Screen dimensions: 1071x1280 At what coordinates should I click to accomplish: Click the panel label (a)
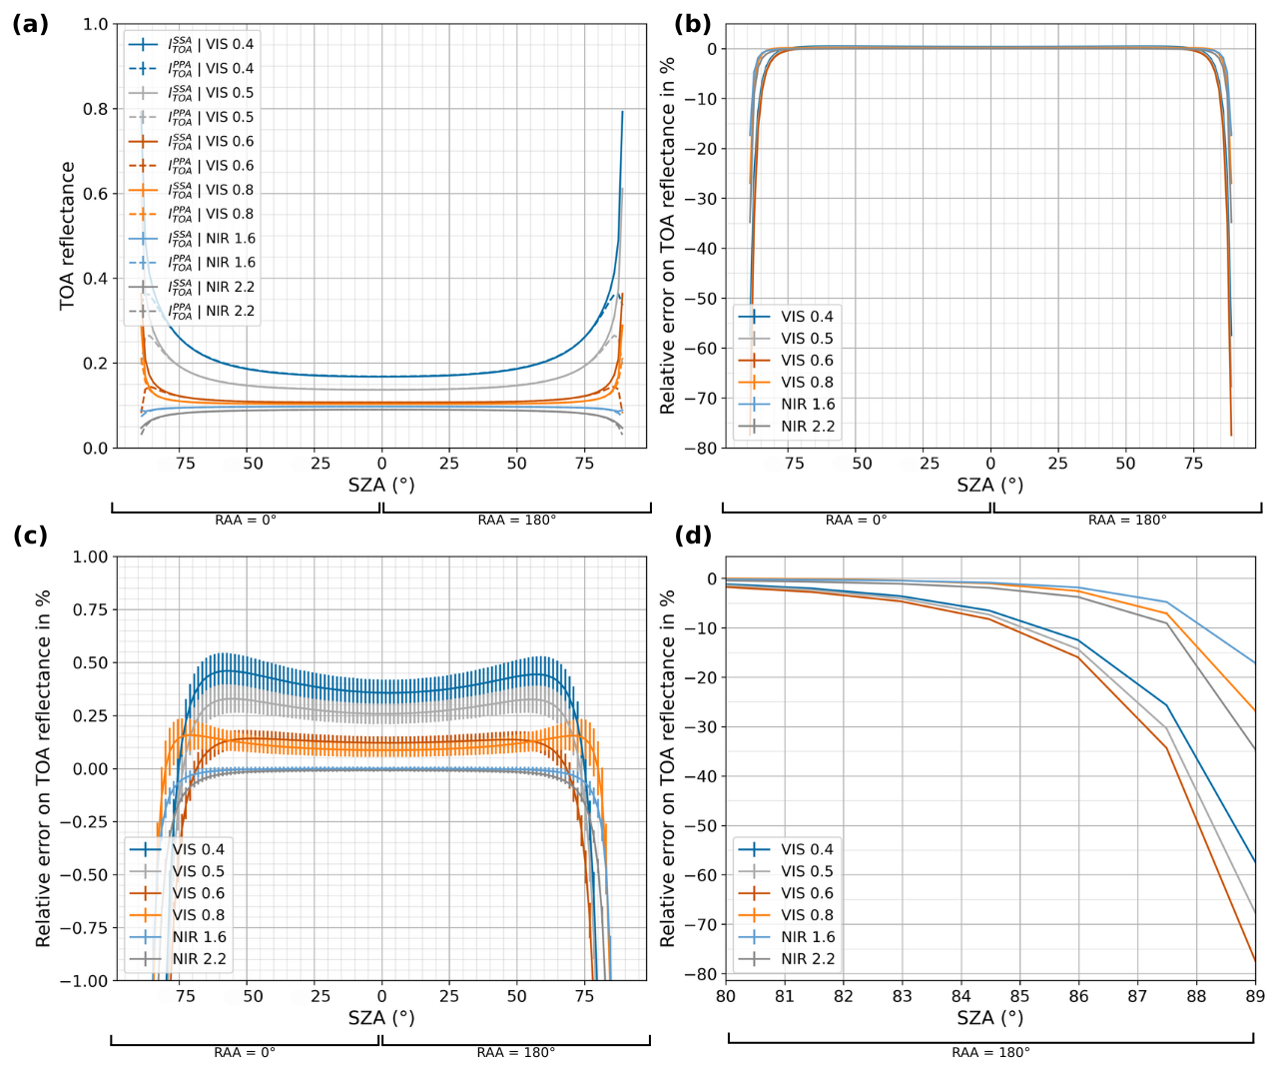pyautogui.click(x=30, y=25)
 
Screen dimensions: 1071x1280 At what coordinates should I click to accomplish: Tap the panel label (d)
pyautogui.click(x=693, y=535)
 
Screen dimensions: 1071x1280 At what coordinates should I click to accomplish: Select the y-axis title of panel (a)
pyautogui.click(x=68, y=236)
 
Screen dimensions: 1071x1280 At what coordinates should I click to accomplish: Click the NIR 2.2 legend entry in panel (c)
pyautogui.click(x=199, y=959)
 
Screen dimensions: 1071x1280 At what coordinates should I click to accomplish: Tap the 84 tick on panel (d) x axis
pyautogui.click(x=960, y=996)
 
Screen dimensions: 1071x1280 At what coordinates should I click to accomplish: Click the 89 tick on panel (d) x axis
pyautogui.click(x=1255, y=996)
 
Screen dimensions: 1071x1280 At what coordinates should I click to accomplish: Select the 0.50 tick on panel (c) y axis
pyautogui.click(x=91, y=662)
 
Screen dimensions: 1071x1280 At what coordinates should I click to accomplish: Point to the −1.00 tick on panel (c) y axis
pyautogui.click(x=86, y=980)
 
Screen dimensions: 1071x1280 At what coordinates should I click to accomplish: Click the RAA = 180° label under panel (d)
pyautogui.click(x=990, y=1052)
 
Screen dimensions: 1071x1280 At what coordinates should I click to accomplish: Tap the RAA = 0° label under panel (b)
pyautogui.click(x=856, y=520)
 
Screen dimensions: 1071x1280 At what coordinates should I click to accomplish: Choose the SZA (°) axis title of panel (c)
pyautogui.click(x=381, y=1018)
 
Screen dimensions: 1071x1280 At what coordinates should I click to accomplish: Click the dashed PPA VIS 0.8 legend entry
pyautogui.click(x=211, y=214)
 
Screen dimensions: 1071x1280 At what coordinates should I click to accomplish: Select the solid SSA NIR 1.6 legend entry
pyautogui.click(x=211, y=239)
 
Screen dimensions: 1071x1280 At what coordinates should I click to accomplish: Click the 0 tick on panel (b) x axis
pyautogui.click(x=990, y=464)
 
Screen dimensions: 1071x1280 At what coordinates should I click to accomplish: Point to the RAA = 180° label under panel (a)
pyautogui.click(x=516, y=520)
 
